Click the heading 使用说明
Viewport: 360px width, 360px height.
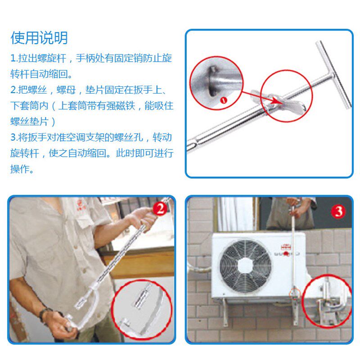point(39,38)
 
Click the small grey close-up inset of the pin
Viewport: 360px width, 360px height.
point(209,83)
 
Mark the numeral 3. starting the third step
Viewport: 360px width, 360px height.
point(13,137)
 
